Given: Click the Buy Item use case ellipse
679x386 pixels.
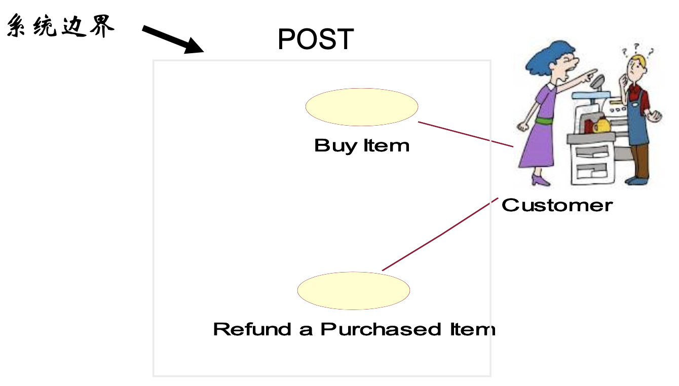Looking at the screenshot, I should click(x=361, y=107).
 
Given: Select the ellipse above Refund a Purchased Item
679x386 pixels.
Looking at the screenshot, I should click(x=353, y=291).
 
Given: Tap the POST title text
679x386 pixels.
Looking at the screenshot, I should click(x=315, y=39).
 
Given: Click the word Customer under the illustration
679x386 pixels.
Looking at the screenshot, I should click(x=557, y=205).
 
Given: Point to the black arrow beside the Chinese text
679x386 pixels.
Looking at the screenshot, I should click(x=172, y=39).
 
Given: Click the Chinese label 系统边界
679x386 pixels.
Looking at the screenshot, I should click(x=60, y=27).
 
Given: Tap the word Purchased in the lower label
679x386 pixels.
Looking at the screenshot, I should click(x=381, y=329).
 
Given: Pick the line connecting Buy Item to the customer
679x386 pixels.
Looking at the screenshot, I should click(x=466, y=134).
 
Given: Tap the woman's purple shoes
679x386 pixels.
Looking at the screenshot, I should click(x=539, y=180).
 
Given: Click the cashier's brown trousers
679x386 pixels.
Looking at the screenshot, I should click(x=642, y=160).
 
